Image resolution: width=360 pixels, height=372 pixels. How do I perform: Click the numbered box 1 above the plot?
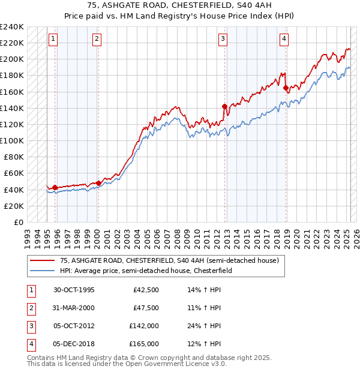(53, 39)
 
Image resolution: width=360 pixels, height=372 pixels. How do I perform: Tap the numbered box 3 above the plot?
(223, 39)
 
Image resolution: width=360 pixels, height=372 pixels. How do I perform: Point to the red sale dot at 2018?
(286, 88)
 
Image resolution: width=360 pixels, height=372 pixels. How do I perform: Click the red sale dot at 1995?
(55, 188)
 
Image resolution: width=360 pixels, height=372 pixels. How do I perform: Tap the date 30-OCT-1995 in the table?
(74, 290)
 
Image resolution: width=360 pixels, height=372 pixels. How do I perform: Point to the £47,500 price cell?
(146, 308)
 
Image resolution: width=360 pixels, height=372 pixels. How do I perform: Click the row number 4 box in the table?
(31, 344)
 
